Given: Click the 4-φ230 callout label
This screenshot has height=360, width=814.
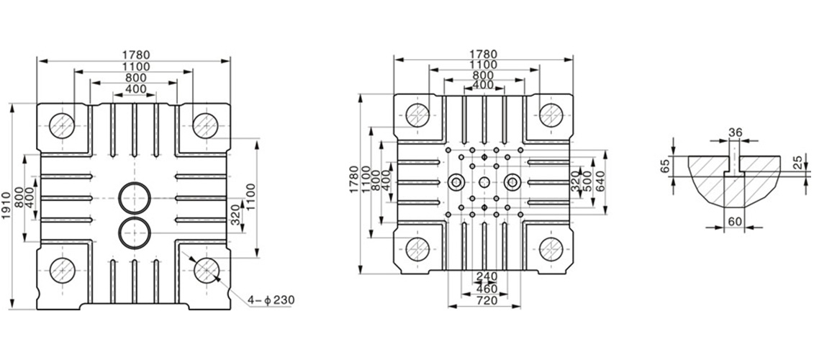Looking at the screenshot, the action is (x=271, y=300).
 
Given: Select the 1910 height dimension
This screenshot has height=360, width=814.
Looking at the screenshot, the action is (x=6, y=206).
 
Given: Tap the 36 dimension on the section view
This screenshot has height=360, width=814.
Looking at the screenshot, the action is (x=735, y=132).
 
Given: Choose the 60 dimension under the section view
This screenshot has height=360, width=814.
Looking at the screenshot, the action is (x=734, y=222).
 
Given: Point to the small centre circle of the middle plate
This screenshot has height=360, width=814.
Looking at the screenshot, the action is (x=484, y=182).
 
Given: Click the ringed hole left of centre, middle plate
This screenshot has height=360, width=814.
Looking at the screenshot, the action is (x=456, y=182).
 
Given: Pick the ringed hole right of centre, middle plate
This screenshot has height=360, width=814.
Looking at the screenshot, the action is (x=512, y=182).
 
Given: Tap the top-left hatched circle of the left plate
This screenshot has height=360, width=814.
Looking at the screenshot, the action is (x=63, y=126).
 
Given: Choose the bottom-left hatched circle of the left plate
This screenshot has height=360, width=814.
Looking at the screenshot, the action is (x=63, y=270).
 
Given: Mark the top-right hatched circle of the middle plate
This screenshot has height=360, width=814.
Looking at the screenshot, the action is (x=551, y=115).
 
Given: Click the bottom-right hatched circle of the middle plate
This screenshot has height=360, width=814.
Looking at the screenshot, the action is (x=551, y=249).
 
